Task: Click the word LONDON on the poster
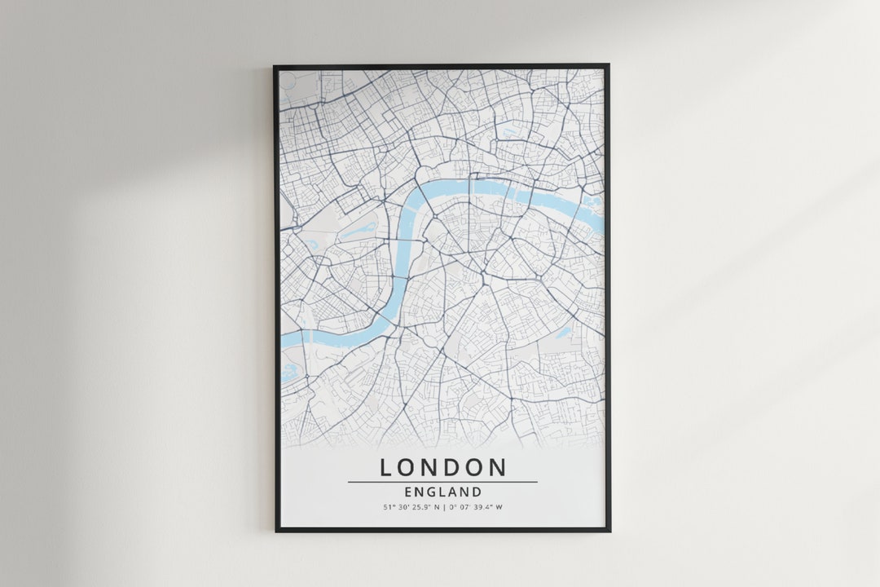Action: coord(442,467)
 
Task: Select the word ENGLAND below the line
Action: coord(442,492)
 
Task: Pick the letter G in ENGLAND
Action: coord(430,492)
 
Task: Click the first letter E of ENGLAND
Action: coord(407,492)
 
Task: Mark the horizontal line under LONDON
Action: coord(442,482)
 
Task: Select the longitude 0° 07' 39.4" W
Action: coord(473,507)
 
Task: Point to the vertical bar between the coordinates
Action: coord(442,507)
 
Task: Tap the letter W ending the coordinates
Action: coord(499,507)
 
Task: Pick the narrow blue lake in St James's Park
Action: coord(358,231)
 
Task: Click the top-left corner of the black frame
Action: coord(275,66)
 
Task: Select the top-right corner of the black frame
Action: coord(608,66)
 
